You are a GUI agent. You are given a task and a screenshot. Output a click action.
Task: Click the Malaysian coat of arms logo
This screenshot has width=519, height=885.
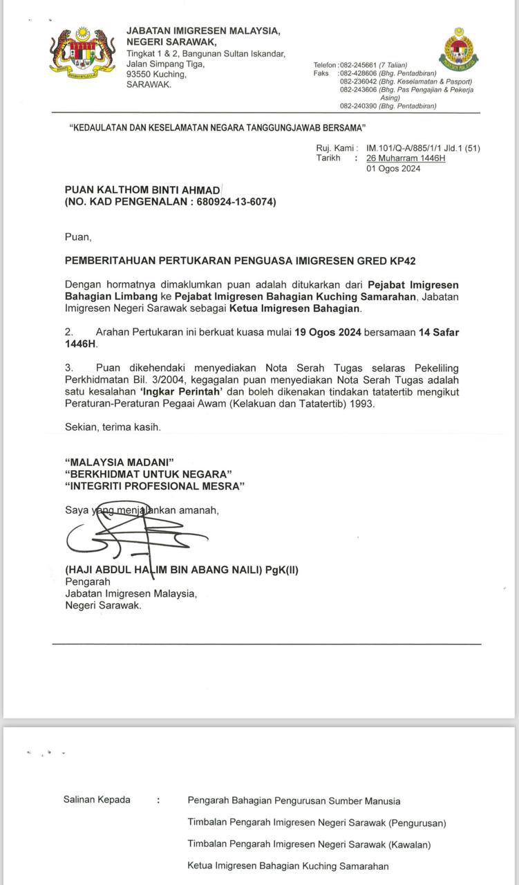click(x=82, y=53)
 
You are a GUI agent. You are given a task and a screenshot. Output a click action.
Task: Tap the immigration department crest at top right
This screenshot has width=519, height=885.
click(x=458, y=49)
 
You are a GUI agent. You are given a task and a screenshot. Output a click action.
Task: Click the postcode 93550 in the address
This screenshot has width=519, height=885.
click(x=141, y=74)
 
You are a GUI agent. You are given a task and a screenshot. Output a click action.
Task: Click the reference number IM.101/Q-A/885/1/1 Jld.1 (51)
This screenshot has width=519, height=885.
click(x=423, y=148)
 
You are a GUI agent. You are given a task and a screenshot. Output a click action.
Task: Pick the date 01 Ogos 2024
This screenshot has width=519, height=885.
click(x=393, y=168)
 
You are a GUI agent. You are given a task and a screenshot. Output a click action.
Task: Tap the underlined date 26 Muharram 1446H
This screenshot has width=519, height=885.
click(x=406, y=158)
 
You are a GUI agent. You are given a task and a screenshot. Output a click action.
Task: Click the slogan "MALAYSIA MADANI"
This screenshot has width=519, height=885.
click(x=119, y=462)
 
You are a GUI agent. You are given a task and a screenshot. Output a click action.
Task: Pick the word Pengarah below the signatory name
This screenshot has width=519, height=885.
click(x=83, y=581)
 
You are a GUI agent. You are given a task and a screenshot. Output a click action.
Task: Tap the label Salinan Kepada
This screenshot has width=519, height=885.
click(x=97, y=800)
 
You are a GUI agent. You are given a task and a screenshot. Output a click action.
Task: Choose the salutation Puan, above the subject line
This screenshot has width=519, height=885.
click(x=77, y=236)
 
